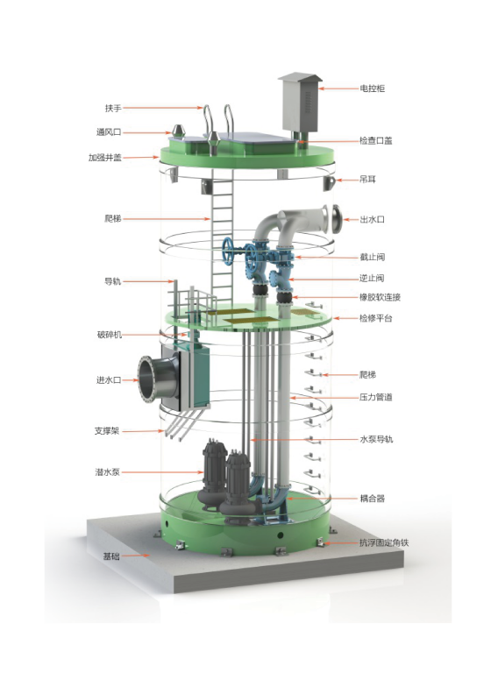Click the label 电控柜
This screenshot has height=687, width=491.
point(372,89)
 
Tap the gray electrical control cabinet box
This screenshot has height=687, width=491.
point(300,103)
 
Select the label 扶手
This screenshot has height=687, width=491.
point(113,108)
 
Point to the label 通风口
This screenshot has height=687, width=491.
point(109,131)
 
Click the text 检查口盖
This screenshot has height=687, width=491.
point(375,140)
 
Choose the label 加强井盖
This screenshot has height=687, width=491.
point(105,158)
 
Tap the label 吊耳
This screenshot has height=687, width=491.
point(368,179)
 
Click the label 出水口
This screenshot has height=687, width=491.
point(372,219)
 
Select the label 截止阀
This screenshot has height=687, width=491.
point(372,258)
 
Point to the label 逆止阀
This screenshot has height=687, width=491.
point(372,279)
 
